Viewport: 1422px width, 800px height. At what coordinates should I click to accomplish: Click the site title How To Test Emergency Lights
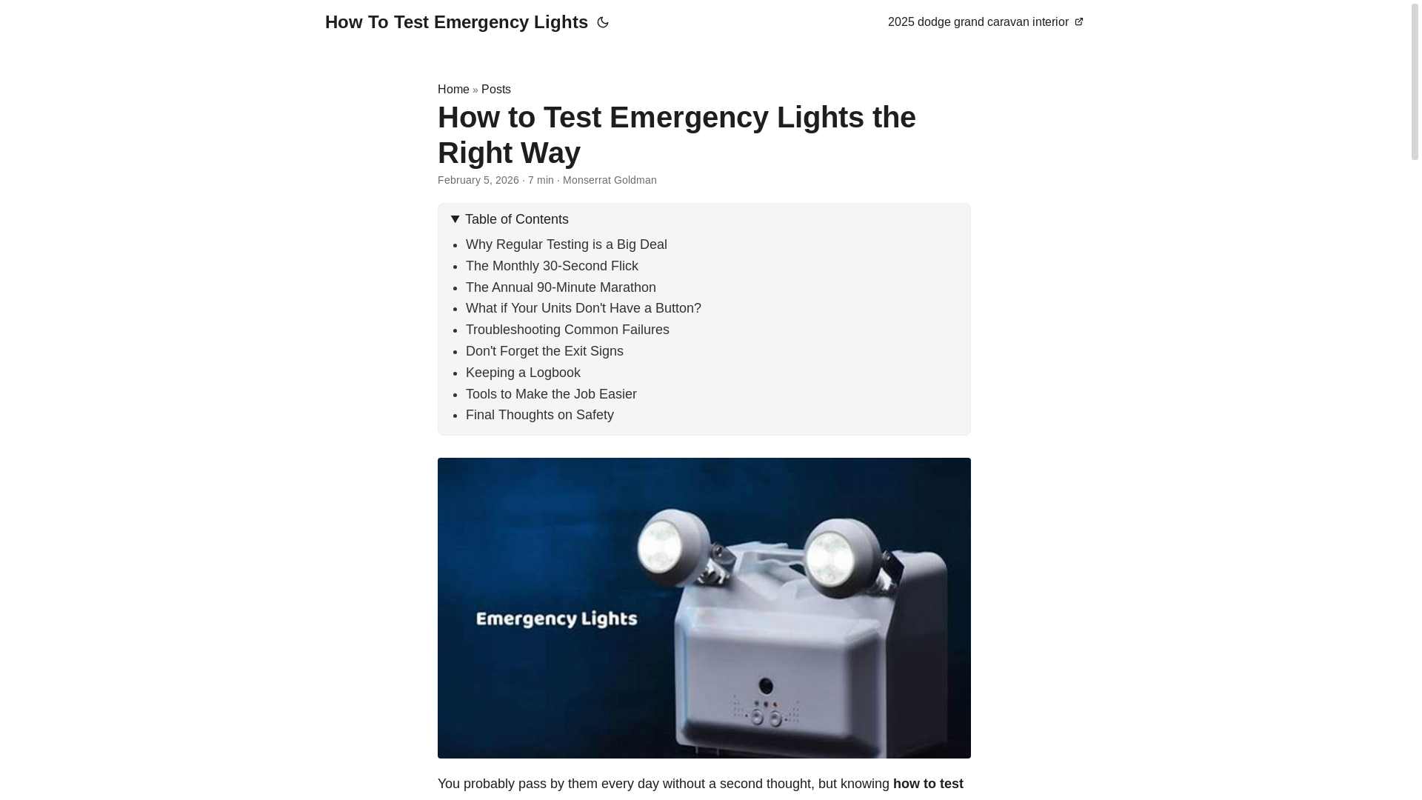coord(456,22)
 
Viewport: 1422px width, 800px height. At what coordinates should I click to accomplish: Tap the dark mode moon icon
coord(603,23)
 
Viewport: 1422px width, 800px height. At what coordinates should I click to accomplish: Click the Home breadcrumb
coord(453,90)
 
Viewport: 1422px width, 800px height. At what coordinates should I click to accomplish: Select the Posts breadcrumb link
coord(495,90)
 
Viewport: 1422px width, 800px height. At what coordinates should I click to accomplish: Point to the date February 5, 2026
coord(478,180)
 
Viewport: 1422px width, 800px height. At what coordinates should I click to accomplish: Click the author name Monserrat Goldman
coord(609,180)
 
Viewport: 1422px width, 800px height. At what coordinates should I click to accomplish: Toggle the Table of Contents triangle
coord(455,219)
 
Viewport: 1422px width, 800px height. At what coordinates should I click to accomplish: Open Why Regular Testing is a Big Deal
coord(566,244)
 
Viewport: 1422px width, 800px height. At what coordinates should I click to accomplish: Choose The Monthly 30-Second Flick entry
coord(551,266)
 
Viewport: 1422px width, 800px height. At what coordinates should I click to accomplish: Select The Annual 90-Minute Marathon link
coord(560,287)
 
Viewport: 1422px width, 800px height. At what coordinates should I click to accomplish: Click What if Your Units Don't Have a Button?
coord(583,308)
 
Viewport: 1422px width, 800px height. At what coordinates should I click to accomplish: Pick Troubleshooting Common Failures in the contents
coord(567,330)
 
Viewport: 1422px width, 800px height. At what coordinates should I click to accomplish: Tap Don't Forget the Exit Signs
coord(544,351)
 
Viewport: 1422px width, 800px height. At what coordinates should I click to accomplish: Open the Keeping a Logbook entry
coord(522,373)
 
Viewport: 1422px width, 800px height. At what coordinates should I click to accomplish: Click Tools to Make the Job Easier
coord(550,394)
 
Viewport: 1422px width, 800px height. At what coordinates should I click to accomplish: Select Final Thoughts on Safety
coord(539,415)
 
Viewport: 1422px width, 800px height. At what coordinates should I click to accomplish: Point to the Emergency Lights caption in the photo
coord(556,619)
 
